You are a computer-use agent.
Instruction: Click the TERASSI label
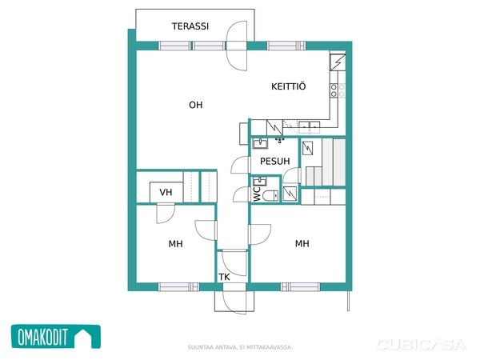[190, 26]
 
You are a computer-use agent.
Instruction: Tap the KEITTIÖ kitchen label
[288, 86]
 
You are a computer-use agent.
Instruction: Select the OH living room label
[196, 105]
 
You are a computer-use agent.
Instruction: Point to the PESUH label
[274, 161]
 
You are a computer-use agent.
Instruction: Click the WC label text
[257, 194]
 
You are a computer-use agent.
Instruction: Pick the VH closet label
[166, 192]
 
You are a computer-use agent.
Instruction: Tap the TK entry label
[224, 277]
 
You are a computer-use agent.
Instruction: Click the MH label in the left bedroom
[175, 244]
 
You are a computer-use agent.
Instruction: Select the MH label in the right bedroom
[302, 244]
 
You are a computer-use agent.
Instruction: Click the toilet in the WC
[270, 196]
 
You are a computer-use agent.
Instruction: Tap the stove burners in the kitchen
[338, 90]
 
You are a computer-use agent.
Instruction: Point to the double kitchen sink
[309, 126]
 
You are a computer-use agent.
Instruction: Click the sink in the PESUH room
[260, 143]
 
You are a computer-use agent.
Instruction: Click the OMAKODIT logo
[56, 337]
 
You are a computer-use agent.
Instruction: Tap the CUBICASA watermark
[421, 345]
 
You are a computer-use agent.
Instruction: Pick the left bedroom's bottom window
[178, 287]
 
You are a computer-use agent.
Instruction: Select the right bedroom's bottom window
[300, 287]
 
